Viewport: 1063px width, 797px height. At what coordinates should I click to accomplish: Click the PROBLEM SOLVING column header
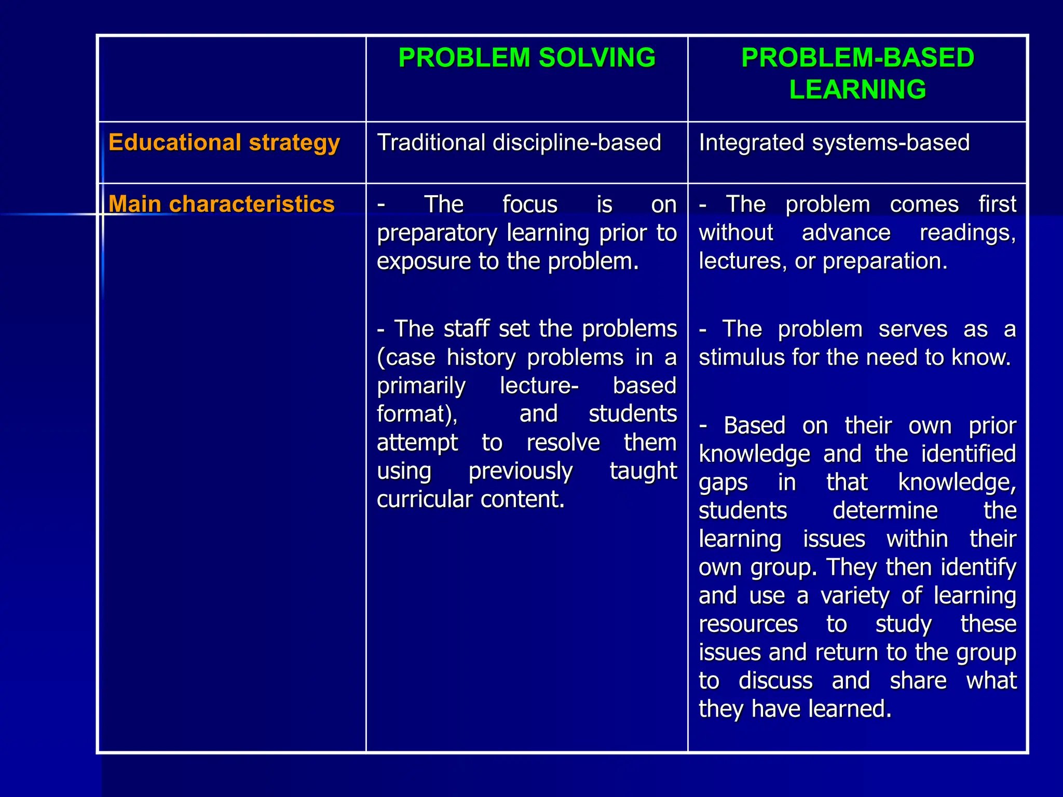527,58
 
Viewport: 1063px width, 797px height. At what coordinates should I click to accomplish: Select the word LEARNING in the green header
857,89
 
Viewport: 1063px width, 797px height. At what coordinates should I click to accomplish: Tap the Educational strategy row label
224,143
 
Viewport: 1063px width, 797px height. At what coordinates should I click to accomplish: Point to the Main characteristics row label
222,204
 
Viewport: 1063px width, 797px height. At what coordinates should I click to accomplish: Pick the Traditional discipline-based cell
519,143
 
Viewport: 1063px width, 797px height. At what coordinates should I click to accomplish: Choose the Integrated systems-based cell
834,143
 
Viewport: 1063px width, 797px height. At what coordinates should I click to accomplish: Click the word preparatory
437,233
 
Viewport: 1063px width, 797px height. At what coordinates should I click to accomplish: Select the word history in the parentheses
481,358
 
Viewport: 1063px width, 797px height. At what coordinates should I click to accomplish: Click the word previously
520,471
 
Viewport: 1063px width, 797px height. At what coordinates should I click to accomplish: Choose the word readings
967,233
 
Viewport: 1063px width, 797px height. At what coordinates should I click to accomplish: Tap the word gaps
723,483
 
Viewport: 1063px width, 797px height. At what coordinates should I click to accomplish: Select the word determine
885,511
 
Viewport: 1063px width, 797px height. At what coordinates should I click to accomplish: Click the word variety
855,596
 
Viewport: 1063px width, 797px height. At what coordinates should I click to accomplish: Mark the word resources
748,624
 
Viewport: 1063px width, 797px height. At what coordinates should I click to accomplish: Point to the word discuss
775,681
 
